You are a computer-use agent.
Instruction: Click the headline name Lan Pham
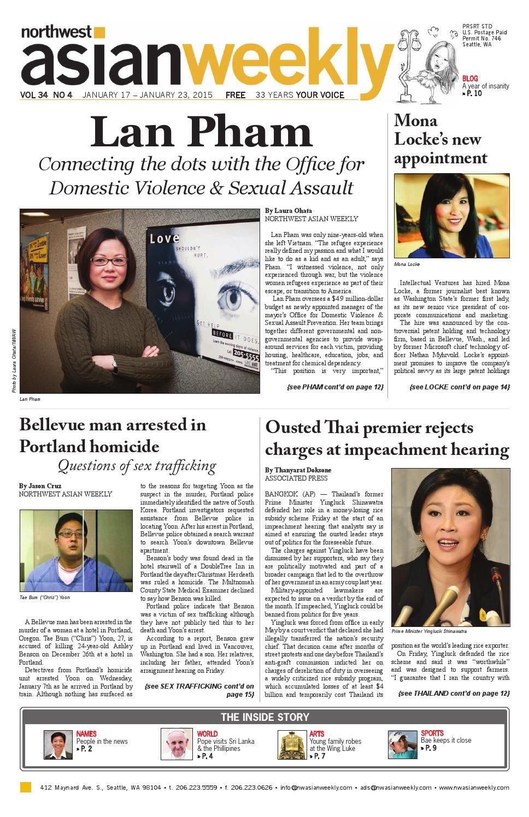tap(201, 133)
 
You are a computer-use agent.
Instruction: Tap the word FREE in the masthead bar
tap(236, 95)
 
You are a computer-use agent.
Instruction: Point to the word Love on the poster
tap(164, 238)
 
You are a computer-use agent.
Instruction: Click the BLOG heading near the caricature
tap(470, 78)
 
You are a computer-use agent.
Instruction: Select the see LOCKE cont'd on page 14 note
tap(459, 387)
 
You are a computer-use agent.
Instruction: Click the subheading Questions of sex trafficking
tap(137, 466)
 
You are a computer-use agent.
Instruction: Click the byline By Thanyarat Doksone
tap(298, 470)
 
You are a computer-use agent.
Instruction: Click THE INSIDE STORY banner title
tap(264, 717)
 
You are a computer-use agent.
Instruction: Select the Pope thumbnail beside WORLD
tap(177, 745)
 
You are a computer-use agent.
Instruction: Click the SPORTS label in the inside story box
tap(432, 733)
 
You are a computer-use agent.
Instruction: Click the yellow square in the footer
tap(25, 787)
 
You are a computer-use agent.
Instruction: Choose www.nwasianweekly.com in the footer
tap(474, 788)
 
